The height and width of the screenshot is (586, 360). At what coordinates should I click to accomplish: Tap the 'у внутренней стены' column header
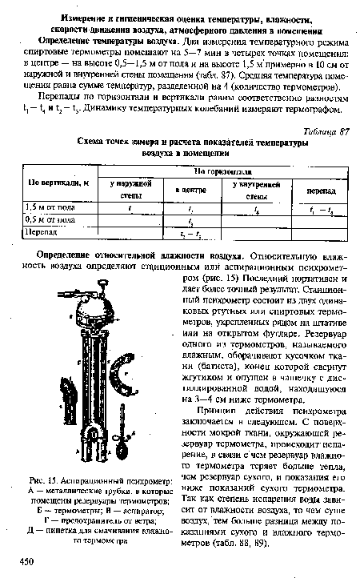pos(253,190)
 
